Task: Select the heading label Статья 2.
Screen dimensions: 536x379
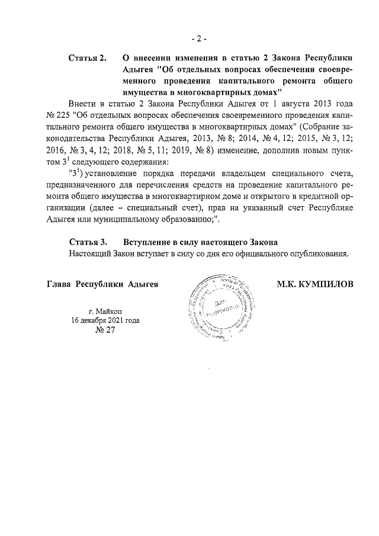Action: point(87,58)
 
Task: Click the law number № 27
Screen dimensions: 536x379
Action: point(105,330)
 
